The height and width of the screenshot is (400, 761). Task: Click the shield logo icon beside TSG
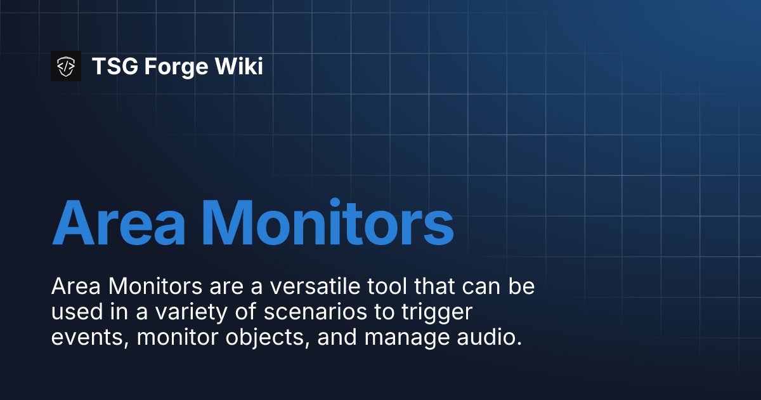(66, 66)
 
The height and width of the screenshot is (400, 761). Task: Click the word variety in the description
(174, 312)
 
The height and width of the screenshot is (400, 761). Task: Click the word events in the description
(89, 337)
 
